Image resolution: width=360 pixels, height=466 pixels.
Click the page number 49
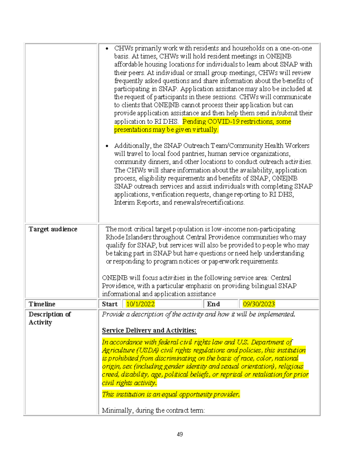[x=180, y=434]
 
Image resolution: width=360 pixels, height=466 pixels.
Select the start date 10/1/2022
[x=140, y=304]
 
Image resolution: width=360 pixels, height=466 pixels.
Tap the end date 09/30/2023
[x=259, y=304]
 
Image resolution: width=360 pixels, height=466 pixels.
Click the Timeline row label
[x=42, y=304]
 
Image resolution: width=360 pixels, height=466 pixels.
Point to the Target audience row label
[x=53, y=229]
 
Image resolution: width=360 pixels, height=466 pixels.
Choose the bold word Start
[x=110, y=304]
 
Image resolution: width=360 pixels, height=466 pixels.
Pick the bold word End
[x=213, y=304]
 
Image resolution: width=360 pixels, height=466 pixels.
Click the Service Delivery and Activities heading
[x=149, y=330]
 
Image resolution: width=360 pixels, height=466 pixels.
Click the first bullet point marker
[x=107, y=49]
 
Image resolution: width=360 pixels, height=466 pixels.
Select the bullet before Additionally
[x=107, y=146]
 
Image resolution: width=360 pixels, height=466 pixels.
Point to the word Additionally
[x=132, y=146]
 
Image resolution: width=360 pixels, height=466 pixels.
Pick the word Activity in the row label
[x=40, y=322]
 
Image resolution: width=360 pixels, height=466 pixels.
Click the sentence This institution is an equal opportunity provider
[x=171, y=394]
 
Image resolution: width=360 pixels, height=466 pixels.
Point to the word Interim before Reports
[x=124, y=202]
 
